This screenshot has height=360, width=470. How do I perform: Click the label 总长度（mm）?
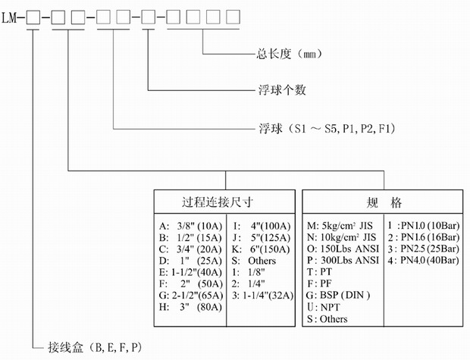tap(282, 55)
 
